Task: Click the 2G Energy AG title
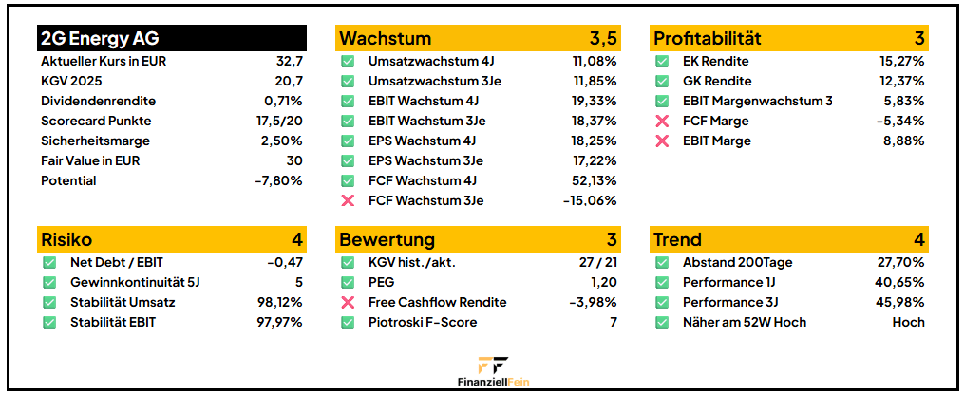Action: point(100,38)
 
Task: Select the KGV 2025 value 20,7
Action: point(288,81)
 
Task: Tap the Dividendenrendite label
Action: point(98,101)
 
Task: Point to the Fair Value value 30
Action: point(294,160)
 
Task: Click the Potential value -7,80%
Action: point(278,180)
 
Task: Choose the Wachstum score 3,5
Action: point(603,38)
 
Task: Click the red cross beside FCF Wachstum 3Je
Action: point(348,200)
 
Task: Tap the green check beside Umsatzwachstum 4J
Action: point(348,61)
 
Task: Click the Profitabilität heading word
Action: point(707,38)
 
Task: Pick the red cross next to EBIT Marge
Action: point(662,141)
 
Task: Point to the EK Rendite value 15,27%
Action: point(901,61)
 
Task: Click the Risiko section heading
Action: point(66,239)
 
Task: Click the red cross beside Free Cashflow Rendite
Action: point(348,302)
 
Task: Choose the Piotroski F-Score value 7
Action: point(613,322)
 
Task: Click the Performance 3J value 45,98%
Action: point(899,302)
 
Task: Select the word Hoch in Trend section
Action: point(908,322)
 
